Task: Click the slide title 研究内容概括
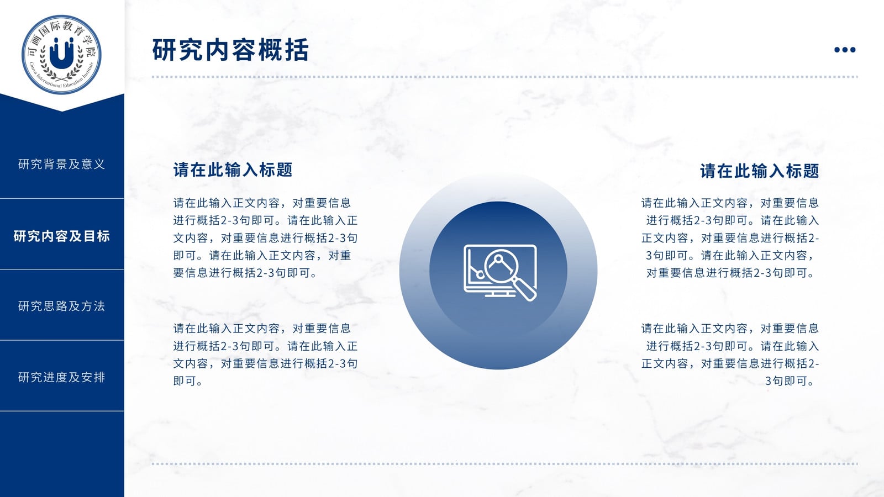pos(230,50)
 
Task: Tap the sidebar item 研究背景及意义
pos(61,164)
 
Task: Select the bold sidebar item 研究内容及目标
pos(61,236)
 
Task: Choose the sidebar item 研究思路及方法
pos(61,306)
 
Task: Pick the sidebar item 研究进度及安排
pos(61,377)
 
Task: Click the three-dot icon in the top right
pos(845,50)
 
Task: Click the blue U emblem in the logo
pos(61,53)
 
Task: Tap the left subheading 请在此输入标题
pos(233,170)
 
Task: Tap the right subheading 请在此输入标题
pos(759,171)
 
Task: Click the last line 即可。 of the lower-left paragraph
pos(188,381)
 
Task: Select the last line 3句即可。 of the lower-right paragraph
pos(790,381)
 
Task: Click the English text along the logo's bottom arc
pos(61,77)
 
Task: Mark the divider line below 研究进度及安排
pos(61,411)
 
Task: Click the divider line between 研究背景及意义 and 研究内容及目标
pos(61,198)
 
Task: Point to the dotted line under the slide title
pos(505,77)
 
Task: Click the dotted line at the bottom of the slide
pos(505,464)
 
